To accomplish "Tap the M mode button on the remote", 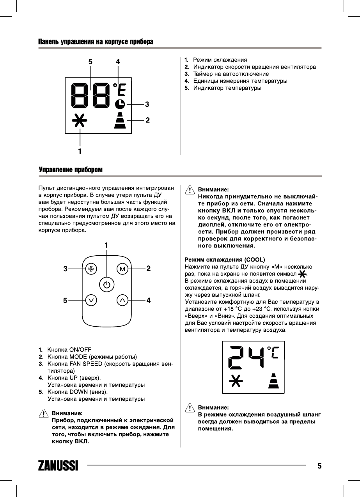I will [x=122, y=269].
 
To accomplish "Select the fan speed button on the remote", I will [x=91, y=269].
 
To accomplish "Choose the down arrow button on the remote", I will [x=91, y=300].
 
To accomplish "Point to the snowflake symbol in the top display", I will [x=80, y=121].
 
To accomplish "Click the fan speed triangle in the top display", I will [x=120, y=120].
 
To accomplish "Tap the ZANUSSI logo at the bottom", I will [x=58, y=466].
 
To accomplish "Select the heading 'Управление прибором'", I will [x=71, y=170].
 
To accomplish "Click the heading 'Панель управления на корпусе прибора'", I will [x=96, y=41].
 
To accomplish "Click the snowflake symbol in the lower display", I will [x=235, y=381].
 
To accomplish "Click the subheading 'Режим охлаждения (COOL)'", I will [x=224, y=259].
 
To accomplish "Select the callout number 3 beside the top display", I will [x=147, y=104].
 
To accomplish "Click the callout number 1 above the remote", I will [x=106, y=245].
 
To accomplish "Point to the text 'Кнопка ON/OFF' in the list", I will [x=69, y=349].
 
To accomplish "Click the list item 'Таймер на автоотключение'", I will [x=231, y=74].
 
